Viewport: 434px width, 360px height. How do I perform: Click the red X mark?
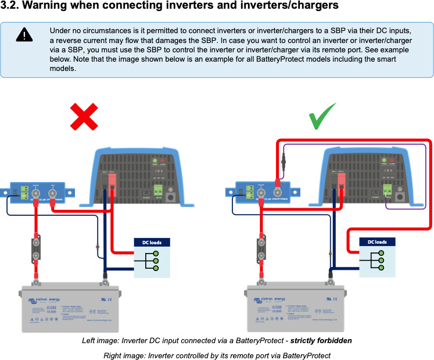point(84,117)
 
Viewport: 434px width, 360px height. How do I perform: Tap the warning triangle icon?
point(24,35)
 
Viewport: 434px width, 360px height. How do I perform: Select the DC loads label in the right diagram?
point(377,242)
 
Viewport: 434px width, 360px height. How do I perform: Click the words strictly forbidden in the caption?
point(321,340)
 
